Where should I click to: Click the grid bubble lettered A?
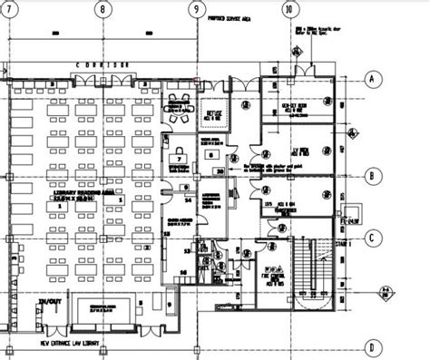[x=372, y=79]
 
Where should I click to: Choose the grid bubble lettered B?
[x=372, y=175]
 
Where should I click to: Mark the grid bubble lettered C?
[x=372, y=239]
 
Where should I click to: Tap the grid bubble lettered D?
[x=372, y=345]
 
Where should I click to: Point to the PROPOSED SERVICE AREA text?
[x=231, y=17]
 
